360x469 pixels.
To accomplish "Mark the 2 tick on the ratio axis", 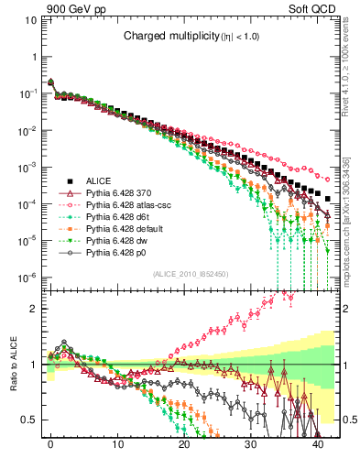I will (x=35, y=309).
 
